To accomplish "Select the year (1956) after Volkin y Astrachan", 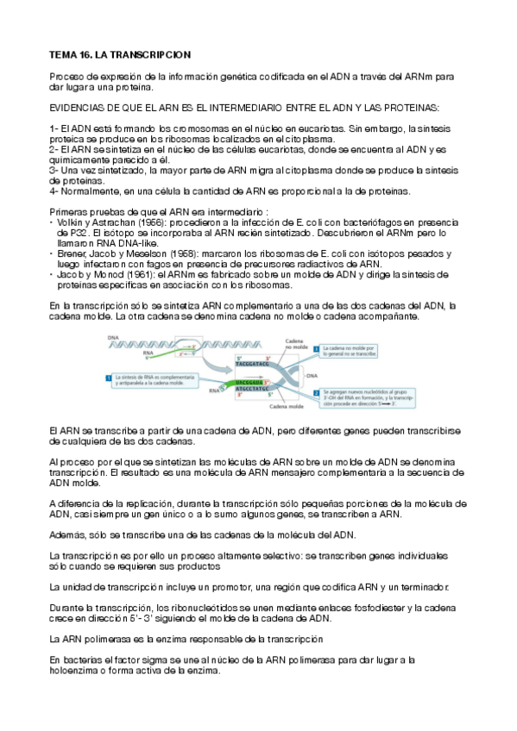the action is (147, 223).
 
